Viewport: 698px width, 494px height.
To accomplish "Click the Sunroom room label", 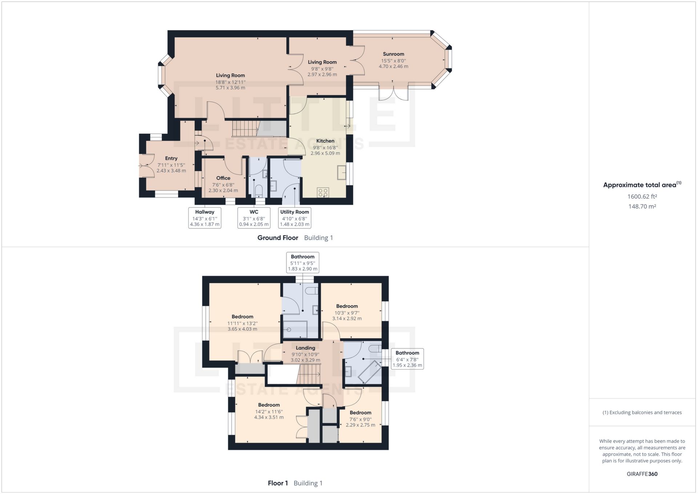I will tap(393, 54).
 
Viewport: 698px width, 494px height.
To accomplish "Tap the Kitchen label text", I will tap(325, 141).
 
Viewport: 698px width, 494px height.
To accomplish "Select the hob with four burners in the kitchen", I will tap(323, 192).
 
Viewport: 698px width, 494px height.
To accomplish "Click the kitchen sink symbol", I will tap(342, 172).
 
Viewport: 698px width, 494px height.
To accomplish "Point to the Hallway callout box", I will tap(205, 218).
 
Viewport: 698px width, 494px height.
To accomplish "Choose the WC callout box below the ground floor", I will tap(254, 218).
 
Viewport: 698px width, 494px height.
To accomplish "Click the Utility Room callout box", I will tap(294, 218).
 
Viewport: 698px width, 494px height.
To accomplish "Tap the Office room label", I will tap(223, 178).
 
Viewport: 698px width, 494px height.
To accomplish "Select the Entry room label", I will tap(171, 158).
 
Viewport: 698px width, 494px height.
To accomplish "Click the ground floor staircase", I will tap(244, 128).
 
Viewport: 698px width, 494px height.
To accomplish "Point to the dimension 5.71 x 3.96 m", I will tap(230, 88).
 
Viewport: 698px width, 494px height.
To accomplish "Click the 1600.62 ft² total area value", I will tap(642, 196).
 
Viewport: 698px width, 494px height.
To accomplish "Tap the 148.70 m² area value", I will tap(642, 206).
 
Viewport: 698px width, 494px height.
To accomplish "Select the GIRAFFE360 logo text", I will tap(642, 474).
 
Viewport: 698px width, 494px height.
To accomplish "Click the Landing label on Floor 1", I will tap(305, 348).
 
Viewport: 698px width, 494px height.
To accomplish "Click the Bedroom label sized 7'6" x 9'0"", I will tap(360, 413).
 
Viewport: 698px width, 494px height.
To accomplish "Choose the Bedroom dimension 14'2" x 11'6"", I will tap(269, 411).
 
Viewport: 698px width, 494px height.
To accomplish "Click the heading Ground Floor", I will tap(278, 238).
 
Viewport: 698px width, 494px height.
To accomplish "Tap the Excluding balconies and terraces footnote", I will tap(642, 412).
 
